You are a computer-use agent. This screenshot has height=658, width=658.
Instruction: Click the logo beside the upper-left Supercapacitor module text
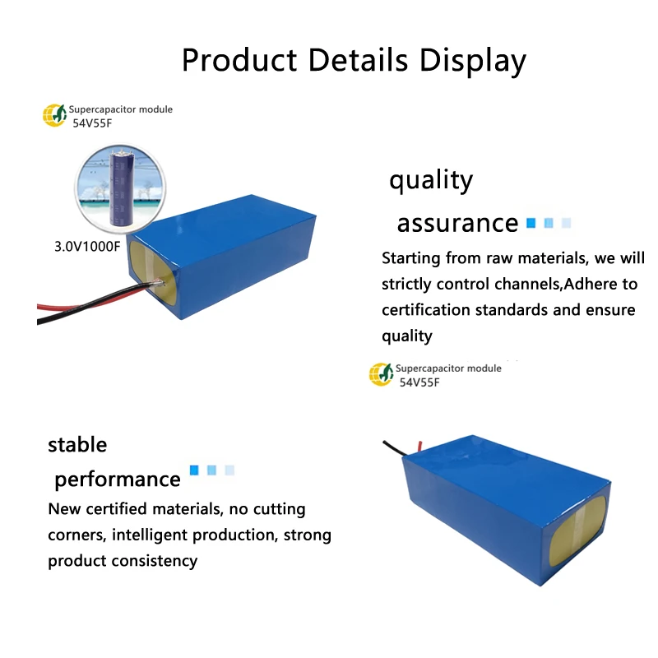point(54,115)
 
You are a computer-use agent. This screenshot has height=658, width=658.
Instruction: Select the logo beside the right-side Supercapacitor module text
point(381,374)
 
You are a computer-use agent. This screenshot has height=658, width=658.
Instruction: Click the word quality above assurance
point(431,180)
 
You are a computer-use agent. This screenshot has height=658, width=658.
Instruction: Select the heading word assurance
point(457,223)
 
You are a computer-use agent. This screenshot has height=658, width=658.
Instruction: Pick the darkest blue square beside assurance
point(531,223)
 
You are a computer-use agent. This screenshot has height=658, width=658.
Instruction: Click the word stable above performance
point(77,445)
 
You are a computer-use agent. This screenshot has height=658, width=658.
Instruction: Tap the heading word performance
point(117,479)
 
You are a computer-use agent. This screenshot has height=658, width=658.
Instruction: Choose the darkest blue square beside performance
point(195,470)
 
